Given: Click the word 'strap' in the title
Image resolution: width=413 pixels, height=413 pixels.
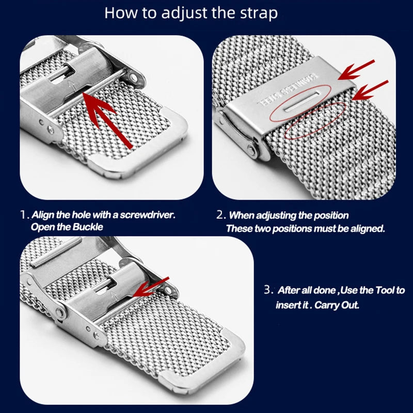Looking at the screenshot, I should [x=258, y=13].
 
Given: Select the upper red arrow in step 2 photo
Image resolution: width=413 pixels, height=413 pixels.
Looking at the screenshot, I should [x=356, y=70].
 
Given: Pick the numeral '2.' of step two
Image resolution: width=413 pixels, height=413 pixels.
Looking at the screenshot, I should [x=220, y=215].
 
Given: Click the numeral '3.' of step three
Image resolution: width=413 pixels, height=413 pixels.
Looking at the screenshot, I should [x=268, y=290].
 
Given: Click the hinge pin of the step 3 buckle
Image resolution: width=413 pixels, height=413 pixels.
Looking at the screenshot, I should [x=61, y=313].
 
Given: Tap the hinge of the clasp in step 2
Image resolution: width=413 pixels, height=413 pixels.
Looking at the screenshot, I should [x=251, y=150].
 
